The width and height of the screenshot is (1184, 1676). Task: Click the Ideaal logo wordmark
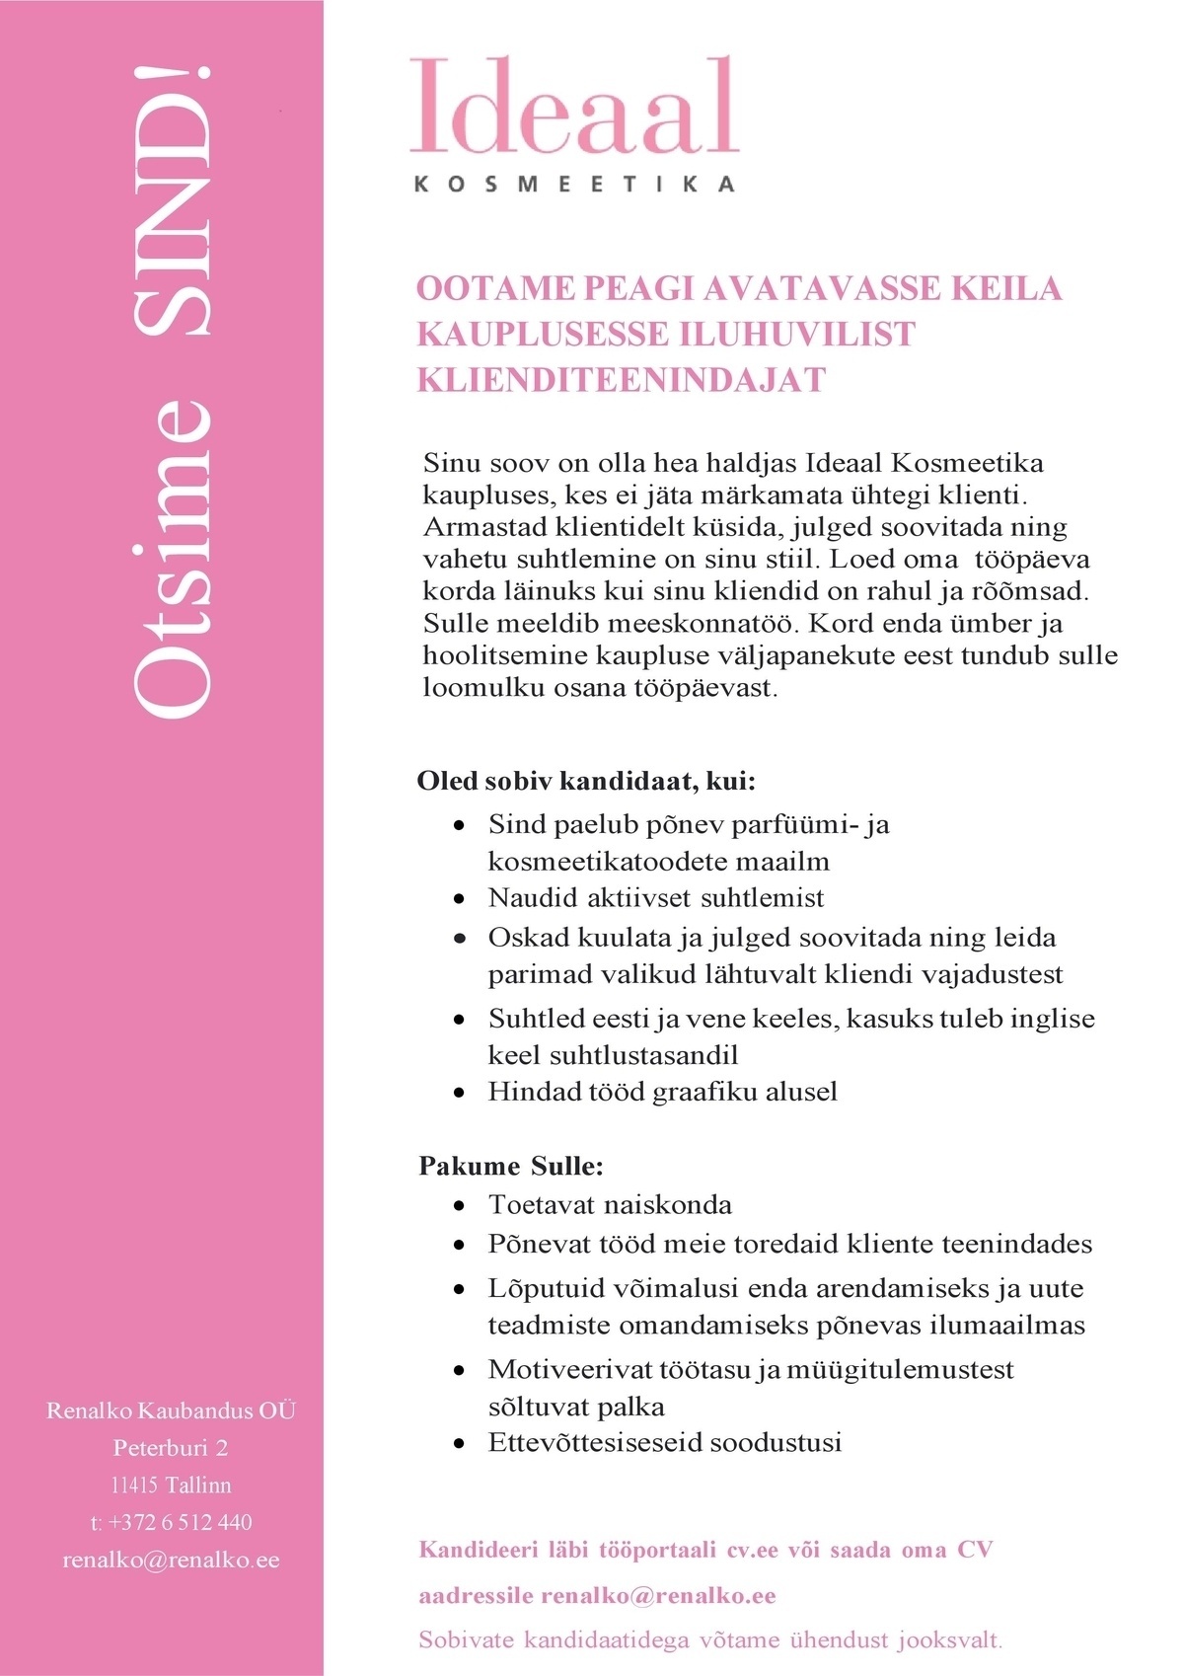point(574,107)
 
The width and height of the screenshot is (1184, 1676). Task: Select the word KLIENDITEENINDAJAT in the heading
point(621,380)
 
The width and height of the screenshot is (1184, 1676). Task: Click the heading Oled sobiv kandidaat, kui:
point(586,781)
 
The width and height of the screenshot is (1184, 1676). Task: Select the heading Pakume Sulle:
point(510,1166)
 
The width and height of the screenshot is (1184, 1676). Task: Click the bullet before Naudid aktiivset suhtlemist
point(459,900)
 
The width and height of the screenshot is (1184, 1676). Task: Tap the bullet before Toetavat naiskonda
point(459,1206)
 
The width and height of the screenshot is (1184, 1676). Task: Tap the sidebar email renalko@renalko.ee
point(171,1560)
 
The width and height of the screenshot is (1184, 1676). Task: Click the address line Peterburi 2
point(171,1447)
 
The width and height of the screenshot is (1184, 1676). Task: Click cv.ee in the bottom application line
point(752,1550)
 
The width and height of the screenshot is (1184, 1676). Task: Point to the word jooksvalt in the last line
point(948,1640)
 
